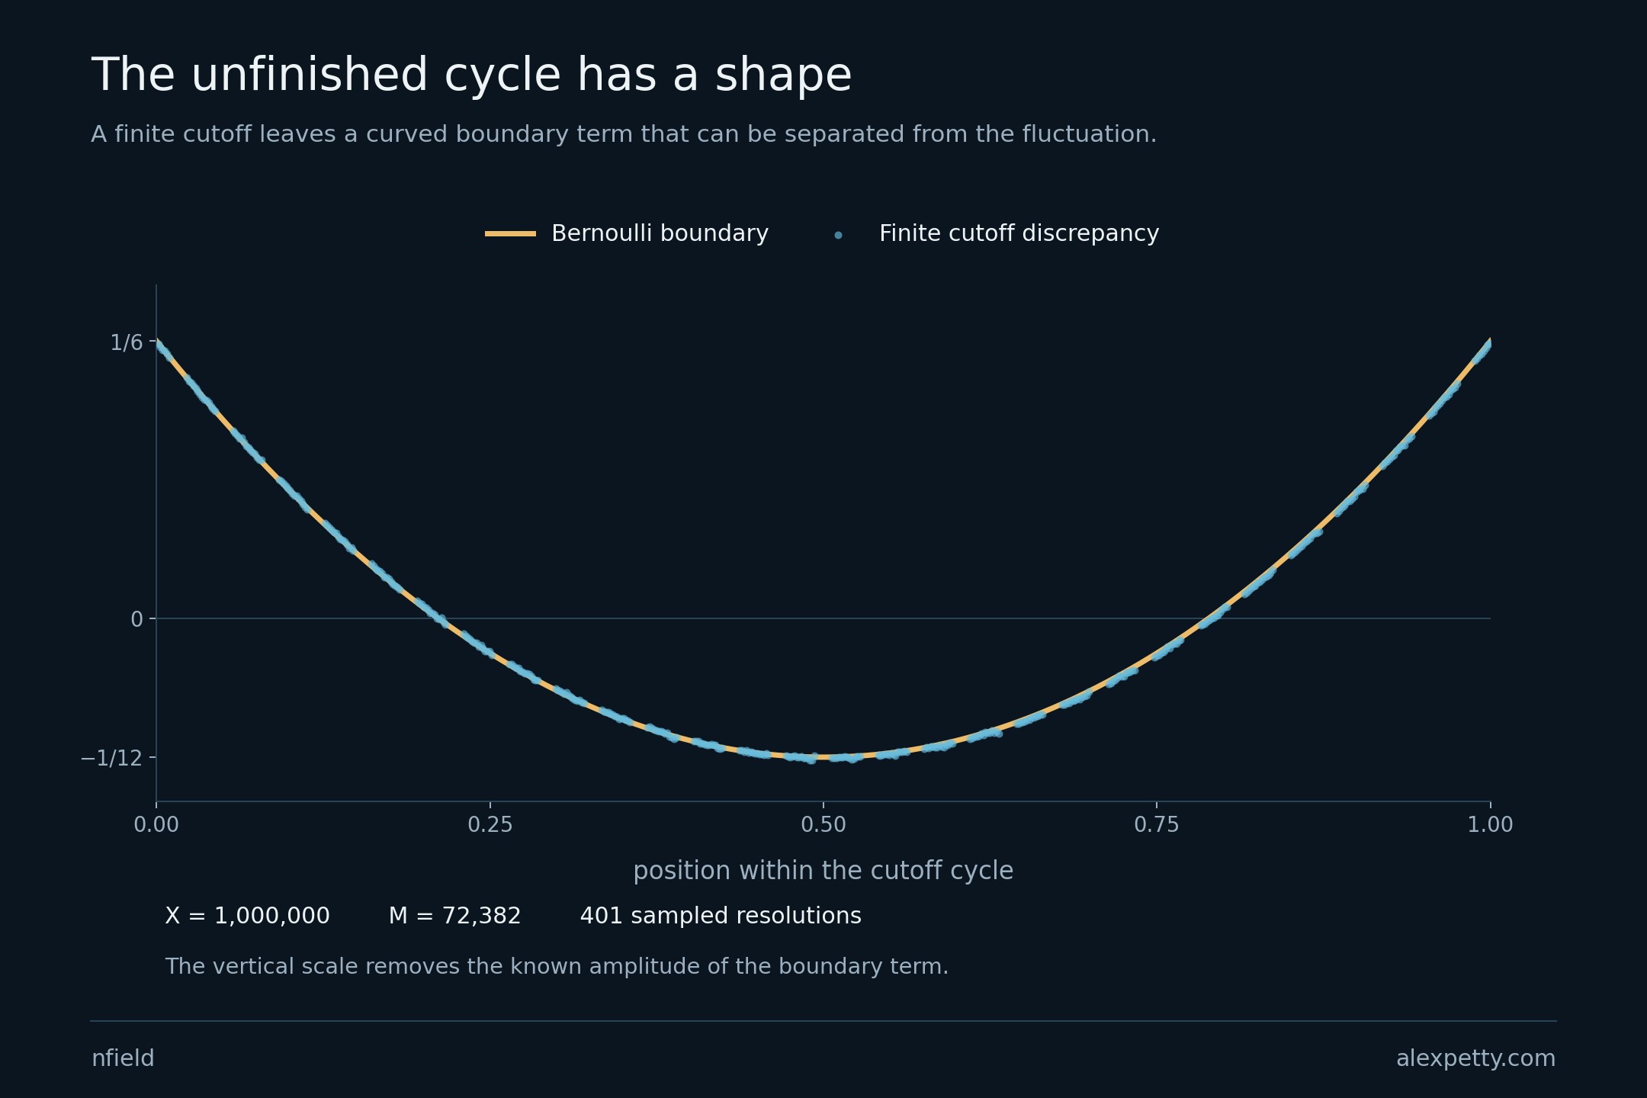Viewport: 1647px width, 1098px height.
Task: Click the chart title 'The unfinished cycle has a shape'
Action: coord(471,75)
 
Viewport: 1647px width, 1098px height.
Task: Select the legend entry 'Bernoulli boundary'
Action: coord(660,233)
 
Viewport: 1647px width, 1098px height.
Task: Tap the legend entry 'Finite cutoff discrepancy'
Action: coord(1019,233)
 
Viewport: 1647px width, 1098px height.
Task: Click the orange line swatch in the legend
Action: coord(510,233)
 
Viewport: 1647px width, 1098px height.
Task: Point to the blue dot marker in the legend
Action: coord(838,235)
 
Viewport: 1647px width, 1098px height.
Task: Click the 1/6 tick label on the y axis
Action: coord(127,342)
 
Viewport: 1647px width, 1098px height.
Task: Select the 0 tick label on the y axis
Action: coord(137,619)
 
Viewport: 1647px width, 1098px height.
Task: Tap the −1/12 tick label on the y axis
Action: coord(111,758)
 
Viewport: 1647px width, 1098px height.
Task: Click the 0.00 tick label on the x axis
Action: coord(156,824)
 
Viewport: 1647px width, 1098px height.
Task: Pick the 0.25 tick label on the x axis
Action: coord(490,824)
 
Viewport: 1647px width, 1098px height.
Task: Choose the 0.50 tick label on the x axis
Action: coord(823,824)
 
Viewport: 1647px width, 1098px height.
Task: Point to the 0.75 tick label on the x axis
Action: coord(1157,824)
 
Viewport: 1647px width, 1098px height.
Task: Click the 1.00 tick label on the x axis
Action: coord(1491,824)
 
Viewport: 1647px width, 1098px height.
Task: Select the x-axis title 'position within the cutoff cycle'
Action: coord(823,871)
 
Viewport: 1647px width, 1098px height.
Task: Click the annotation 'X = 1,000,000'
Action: coord(248,916)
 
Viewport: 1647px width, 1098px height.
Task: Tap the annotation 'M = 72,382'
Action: coord(455,916)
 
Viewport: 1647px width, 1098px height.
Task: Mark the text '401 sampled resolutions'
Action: coord(721,916)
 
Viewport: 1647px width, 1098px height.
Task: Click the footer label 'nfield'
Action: coord(123,1058)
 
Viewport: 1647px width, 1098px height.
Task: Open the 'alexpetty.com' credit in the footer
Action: coord(1476,1058)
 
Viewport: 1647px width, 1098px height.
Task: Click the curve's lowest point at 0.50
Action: coord(823,757)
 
